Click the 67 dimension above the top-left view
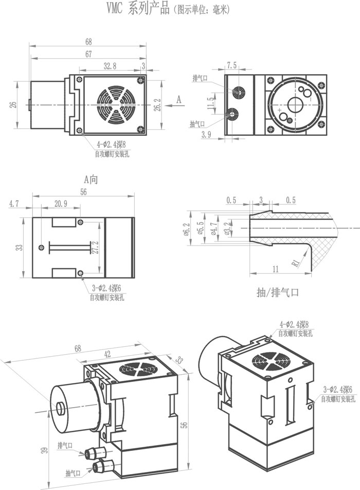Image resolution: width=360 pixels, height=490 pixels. coord(88,54)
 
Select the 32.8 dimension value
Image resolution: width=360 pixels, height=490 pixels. coord(110,65)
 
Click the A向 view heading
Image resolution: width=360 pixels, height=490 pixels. coord(91,180)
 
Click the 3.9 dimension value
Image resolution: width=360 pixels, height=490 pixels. coord(207,134)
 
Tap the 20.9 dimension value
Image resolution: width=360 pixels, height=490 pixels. coord(61,204)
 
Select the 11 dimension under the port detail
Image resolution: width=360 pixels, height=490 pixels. coord(276,269)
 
